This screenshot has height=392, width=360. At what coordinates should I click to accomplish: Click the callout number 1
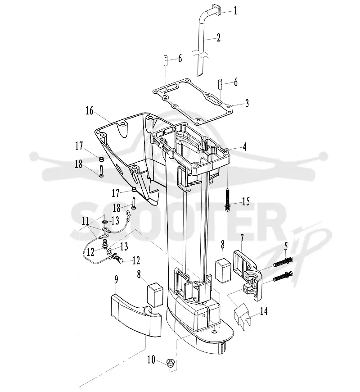(235, 11)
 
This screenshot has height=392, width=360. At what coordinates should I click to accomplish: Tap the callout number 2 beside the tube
(218, 38)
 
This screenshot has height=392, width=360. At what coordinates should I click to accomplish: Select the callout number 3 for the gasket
(247, 103)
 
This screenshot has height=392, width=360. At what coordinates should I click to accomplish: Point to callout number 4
(245, 147)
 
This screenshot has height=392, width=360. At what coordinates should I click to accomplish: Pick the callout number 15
(246, 201)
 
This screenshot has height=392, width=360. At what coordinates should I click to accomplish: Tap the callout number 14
(263, 311)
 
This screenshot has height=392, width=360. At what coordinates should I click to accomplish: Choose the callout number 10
(151, 360)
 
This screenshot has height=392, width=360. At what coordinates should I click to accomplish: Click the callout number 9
(117, 279)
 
